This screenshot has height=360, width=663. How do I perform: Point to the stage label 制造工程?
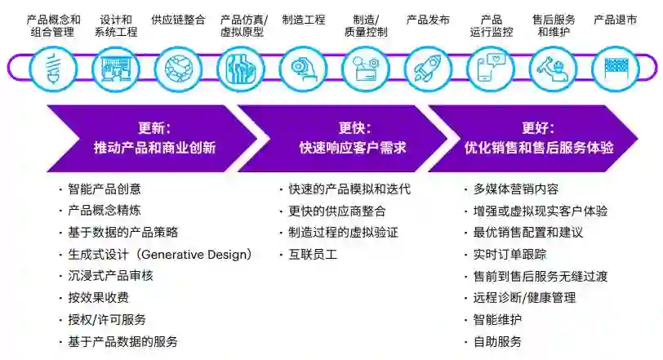click(x=303, y=20)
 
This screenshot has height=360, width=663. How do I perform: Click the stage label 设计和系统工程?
click(x=116, y=25)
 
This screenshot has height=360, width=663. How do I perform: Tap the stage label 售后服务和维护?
click(x=553, y=25)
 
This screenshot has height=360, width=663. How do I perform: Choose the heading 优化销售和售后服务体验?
click(x=539, y=148)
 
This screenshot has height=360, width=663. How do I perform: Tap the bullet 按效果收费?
click(x=99, y=298)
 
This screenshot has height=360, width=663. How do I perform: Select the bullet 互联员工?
click(x=313, y=255)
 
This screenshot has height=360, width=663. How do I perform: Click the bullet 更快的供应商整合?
click(x=337, y=211)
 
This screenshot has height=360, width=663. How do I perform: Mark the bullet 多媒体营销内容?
click(x=516, y=189)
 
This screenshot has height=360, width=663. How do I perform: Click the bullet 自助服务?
click(x=497, y=341)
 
